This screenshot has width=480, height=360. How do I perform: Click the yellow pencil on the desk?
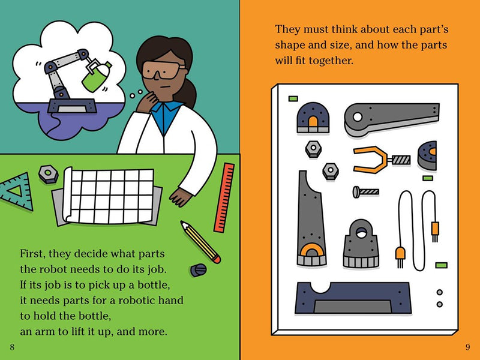coord(200,242)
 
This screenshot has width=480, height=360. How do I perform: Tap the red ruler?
coord(224,197)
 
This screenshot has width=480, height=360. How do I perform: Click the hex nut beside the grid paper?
coord(49,174)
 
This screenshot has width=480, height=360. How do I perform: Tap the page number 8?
coord(12,347)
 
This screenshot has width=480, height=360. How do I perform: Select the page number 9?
coord(468,347)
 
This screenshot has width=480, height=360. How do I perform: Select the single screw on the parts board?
coord(366,192)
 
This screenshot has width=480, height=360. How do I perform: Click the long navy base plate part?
coord(353,298)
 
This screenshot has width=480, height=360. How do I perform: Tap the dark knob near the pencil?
coord(199,269)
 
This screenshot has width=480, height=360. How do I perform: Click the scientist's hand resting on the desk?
coord(181,197)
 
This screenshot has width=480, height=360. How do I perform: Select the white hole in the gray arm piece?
coord(358,117)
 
